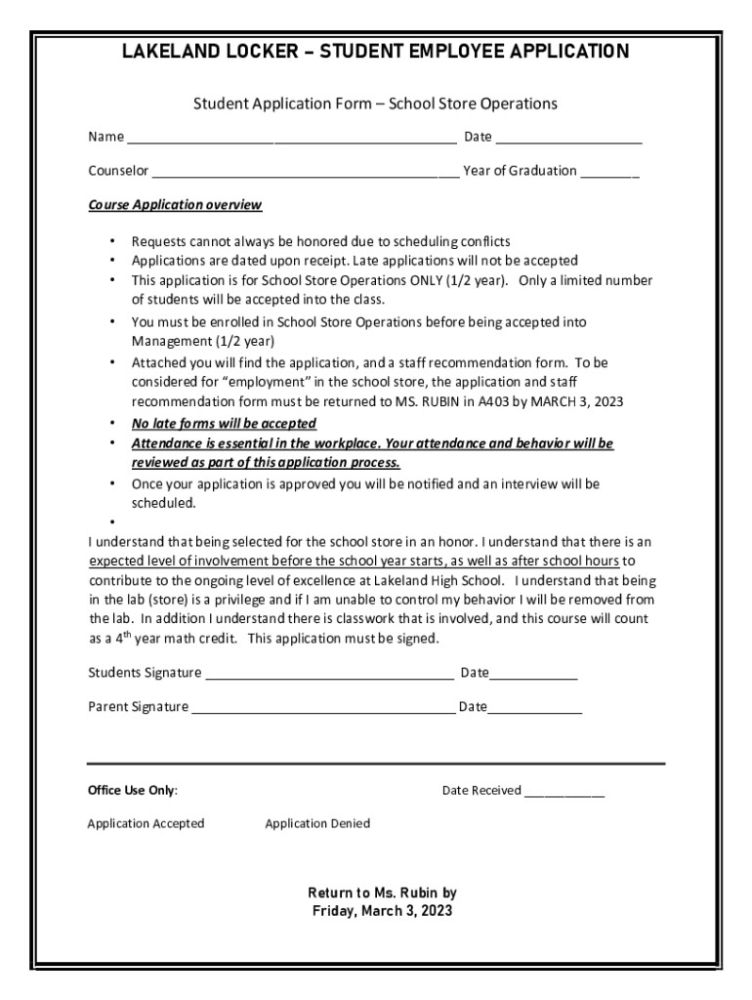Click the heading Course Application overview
point(175,205)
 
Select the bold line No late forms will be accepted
point(224,423)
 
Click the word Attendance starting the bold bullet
point(168,443)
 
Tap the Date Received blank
point(564,792)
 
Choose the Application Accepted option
point(146,823)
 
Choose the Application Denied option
point(317,823)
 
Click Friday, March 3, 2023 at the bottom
point(382,911)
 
